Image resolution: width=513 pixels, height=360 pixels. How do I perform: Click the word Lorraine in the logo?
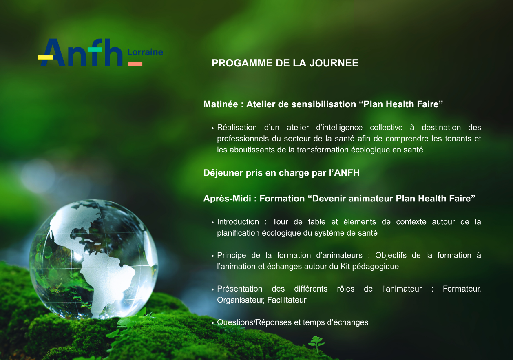tap(145, 52)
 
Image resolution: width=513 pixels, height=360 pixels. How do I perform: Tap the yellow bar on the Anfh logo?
tap(45, 57)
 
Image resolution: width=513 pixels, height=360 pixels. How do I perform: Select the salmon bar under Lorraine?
tap(135, 64)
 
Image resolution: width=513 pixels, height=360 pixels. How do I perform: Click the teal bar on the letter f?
tap(95, 49)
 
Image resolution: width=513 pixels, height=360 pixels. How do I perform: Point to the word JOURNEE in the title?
tap(334, 63)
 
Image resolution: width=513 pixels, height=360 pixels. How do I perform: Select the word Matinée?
tap(221, 104)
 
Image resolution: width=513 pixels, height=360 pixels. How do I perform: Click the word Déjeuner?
tap(223, 173)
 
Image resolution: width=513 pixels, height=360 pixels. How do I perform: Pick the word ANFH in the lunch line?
tap(347, 173)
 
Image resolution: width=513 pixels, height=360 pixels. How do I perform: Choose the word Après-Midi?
tap(227, 199)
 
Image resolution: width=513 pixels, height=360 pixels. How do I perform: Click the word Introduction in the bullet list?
tap(238, 222)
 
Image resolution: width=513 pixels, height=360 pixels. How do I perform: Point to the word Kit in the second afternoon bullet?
tap(345, 266)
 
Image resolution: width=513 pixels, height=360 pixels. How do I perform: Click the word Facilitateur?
tap(287, 300)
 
